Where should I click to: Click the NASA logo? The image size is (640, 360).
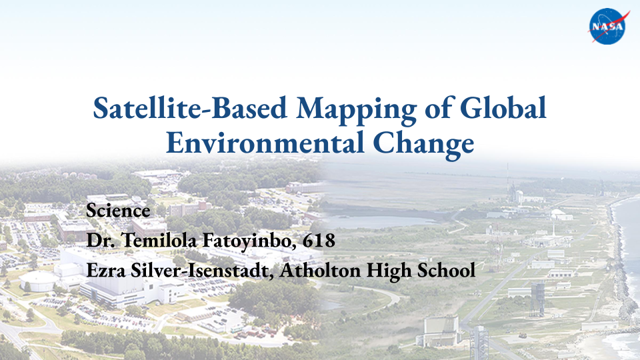point(608,26)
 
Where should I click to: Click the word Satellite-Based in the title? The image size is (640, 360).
point(190,108)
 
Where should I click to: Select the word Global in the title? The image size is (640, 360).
point(503,108)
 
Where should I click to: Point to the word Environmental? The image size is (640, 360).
point(265,143)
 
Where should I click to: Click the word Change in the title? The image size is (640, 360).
point(423,145)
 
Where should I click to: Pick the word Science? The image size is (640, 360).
point(118,211)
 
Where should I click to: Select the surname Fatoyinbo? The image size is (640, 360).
point(250,241)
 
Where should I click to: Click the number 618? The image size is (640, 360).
point(319,241)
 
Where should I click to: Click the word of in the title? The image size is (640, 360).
point(439,108)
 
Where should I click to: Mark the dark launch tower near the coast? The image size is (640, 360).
point(537,297)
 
